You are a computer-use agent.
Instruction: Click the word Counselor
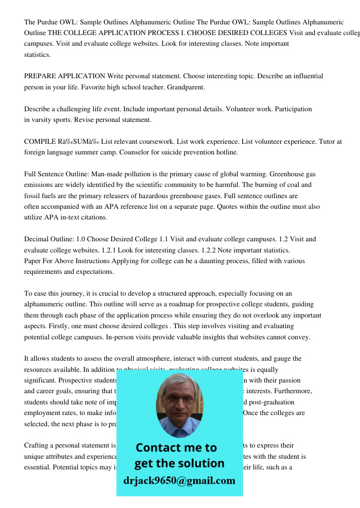(153, 152)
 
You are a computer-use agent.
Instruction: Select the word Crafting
(37, 446)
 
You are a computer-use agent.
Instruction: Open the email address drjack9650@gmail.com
(179, 481)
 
